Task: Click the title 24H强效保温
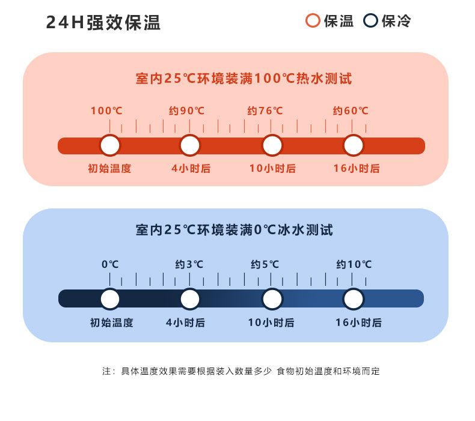pyautogui.click(x=103, y=22)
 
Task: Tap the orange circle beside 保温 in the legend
pyautogui.click(x=313, y=20)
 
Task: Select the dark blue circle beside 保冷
pyautogui.click(x=370, y=20)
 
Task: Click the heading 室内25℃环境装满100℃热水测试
pyautogui.click(x=244, y=79)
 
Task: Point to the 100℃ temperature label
pyautogui.click(x=106, y=111)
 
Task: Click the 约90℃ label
pyautogui.click(x=186, y=111)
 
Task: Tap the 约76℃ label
pyautogui.click(x=265, y=111)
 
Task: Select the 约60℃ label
pyautogui.click(x=351, y=111)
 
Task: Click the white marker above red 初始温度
pyautogui.click(x=110, y=145)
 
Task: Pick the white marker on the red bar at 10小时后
pyautogui.click(x=272, y=145)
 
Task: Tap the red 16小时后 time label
pyautogui.click(x=357, y=168)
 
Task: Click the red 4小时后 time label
pyautogui.click(x=191, y=168)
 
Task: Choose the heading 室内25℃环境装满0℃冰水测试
pyautogui.click(x=234, y=230)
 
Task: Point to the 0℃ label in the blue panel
pyautogui.click(x=110, y=264)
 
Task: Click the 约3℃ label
pyautogui.click(x=189, y=264)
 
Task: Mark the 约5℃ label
pyautogui.click(x=265, y=264)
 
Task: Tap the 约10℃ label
pyautogui.click(x=354, y=264)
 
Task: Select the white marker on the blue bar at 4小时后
pyautogui.click(x=190, y=299)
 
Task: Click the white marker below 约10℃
pyautogui.click(x=353, y=299)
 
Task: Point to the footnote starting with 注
pyautogui.click(x=241, y=371)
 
